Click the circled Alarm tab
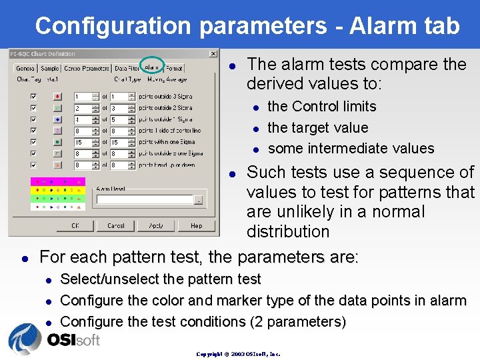point(152,67)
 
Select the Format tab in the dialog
point(174,68)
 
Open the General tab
point(25,68)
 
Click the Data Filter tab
point(126,68)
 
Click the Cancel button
point(115,225)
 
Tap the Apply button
point(156,225)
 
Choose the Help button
point(196,225)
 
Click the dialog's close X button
point(213,54)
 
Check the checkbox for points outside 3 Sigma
point(34,96)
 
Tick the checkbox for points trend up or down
point(34,165)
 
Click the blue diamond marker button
point(58,119)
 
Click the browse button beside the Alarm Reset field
point(198,199)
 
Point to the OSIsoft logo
point(54,339)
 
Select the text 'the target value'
point(317,127)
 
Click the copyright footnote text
point(238,354)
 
